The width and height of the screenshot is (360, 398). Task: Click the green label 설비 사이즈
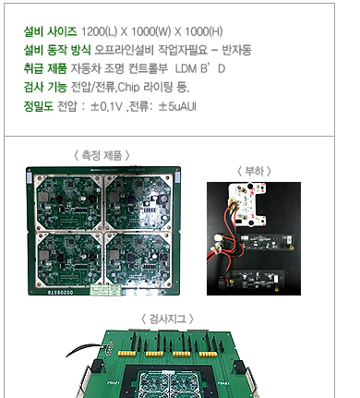point(50,31)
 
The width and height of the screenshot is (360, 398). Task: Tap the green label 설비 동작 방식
point(57,50)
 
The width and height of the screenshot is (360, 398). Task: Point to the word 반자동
point(237,50)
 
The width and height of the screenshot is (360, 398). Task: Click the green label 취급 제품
point(45,68)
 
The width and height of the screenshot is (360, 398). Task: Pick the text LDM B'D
point(200,68)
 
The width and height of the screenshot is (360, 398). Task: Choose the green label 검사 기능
point(45,87)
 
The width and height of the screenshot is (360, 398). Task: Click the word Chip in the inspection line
point(128,88)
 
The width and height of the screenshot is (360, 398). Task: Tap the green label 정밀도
point(39,106)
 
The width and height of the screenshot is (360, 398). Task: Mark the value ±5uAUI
point(177,106)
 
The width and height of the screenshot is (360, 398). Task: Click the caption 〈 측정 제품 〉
point(102,155)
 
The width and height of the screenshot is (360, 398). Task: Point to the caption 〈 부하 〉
point(254,171)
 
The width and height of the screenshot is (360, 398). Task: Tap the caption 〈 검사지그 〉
point(167,319)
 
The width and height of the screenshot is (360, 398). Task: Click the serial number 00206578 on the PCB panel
point(60,293)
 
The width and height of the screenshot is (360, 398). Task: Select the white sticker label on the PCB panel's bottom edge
point(105,290)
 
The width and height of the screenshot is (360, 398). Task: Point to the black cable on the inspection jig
point(84,348)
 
